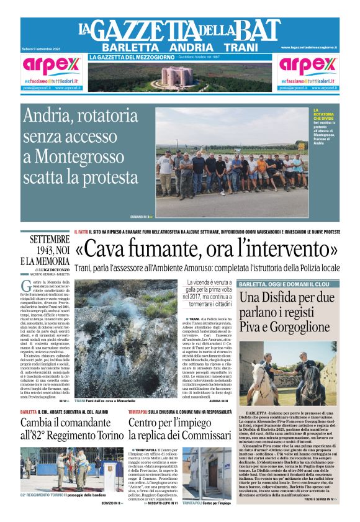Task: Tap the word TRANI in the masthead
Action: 241,47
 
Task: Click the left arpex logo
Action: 52,66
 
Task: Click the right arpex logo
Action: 308,66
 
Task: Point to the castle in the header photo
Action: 179,76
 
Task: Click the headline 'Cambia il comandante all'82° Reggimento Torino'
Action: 71,430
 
